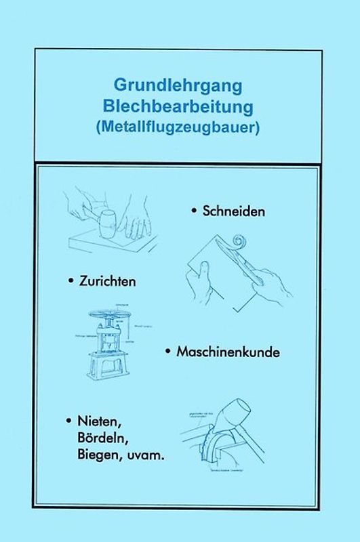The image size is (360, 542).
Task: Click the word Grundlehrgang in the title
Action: coord(179,86)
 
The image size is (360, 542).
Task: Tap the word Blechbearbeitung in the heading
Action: coord(179,106)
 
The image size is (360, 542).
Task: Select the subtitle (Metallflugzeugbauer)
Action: coord(179,126)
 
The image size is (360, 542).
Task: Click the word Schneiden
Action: coord(233,211)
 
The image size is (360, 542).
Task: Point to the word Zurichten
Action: coord(107,281)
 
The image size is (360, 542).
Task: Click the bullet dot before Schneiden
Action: coord(195,211)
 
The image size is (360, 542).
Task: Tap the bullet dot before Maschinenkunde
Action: coord(167,352)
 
